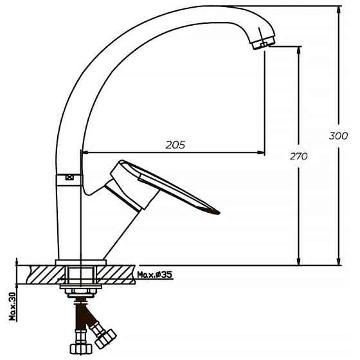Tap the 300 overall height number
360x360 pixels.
point(338,136)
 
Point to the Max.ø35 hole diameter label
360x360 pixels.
point(154,276)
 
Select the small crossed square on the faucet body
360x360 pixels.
point(69,177)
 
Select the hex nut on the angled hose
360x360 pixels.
point(105,335)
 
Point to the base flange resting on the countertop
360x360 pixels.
point(80,262)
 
